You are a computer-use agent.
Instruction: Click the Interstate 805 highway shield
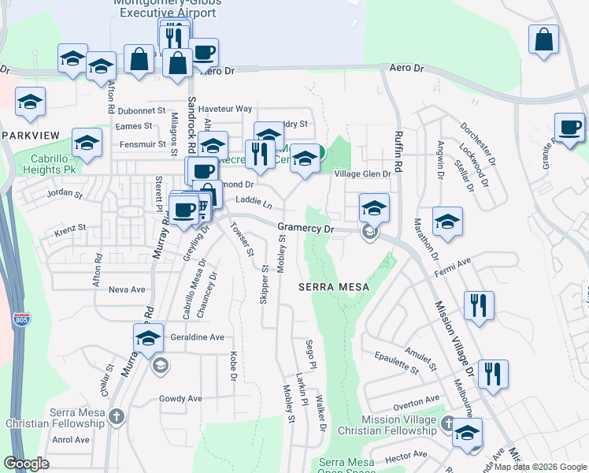tap(21, 319)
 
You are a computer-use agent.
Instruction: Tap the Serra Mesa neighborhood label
tap(334, 287)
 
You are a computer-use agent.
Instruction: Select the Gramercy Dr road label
tap(306, 229)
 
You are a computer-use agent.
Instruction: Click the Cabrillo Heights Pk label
tap(49, 163)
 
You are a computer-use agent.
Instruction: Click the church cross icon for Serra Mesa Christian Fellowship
tap(117, 415)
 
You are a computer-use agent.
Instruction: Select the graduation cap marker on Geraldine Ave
tap(148, 338)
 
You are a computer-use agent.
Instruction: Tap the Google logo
tap(26, 464)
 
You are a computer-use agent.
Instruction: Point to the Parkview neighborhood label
tap(30, 136)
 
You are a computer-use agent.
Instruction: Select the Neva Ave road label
tap(127, 289)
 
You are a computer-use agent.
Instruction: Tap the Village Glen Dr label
tap(362, 174)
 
